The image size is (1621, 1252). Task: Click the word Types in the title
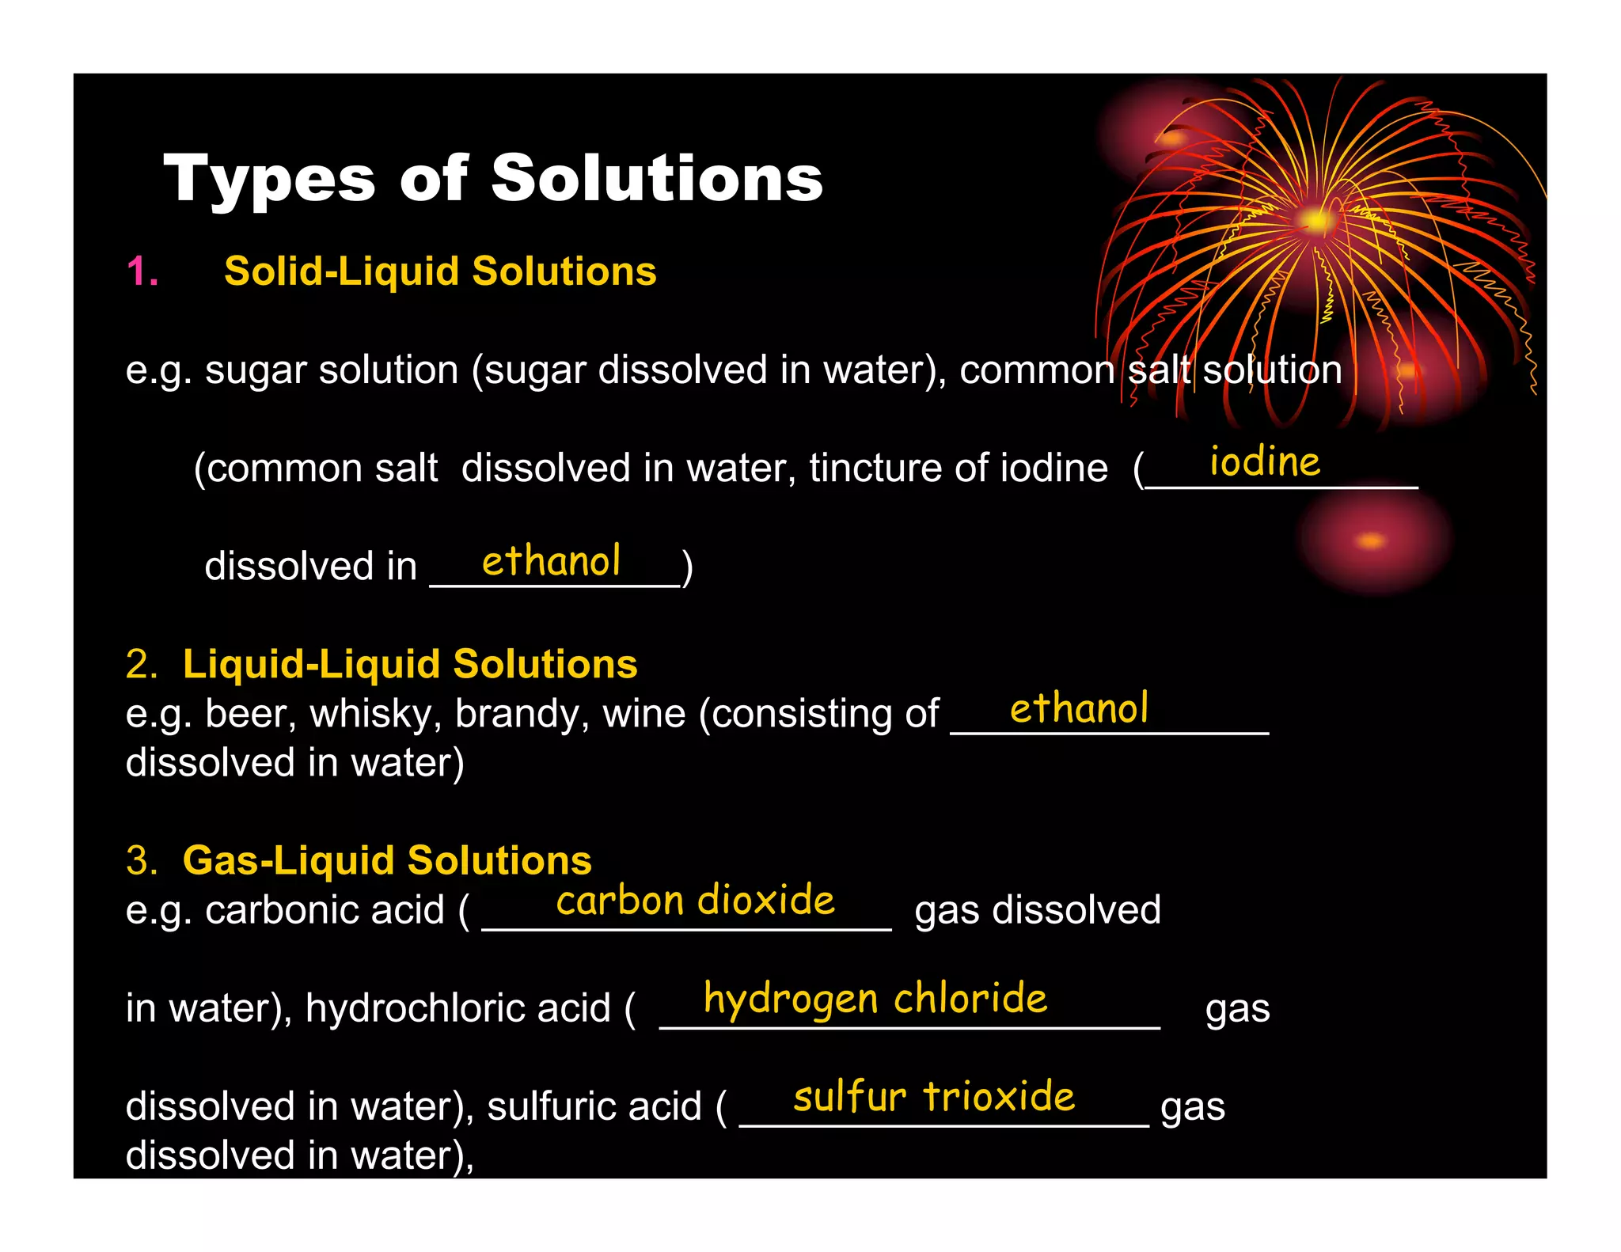268,180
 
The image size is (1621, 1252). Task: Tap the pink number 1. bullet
142,271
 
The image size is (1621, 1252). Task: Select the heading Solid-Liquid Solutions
440,271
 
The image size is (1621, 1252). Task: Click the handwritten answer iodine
1264,461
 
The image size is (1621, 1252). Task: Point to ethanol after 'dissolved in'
551,561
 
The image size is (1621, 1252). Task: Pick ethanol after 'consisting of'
1078,708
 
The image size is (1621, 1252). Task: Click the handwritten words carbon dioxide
695,901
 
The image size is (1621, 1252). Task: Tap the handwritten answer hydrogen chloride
875,998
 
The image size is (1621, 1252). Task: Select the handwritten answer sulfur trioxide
934,1097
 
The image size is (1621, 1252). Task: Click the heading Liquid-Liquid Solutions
409,664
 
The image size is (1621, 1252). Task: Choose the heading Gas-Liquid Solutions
386,860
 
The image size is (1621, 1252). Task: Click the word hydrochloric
457,1008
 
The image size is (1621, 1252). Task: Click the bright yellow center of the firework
1315,221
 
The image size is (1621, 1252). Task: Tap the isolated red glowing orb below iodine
1372,541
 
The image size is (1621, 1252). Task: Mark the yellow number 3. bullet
142,860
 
